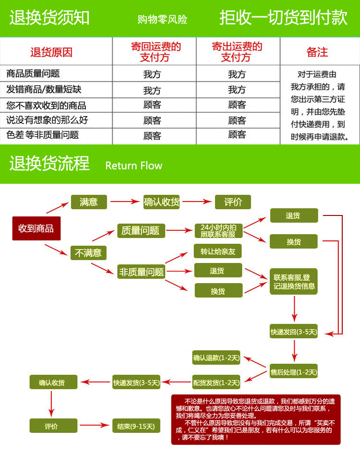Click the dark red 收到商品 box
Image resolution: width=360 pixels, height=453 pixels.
tap(36, 228)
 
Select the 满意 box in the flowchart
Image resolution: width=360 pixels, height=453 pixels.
tap(89, 202)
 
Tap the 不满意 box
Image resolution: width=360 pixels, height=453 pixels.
tap(89, 253)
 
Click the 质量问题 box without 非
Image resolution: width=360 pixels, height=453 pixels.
tap(141, 231)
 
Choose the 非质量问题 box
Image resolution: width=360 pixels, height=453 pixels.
tap(142, 272)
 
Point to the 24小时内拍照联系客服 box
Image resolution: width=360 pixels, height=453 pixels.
tap(218, 231)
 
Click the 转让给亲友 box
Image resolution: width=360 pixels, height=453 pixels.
tap(218, 251)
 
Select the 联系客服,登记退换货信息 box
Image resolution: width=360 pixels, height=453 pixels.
tap(293, 282)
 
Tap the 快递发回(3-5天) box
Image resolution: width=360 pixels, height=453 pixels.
tap(293, 332)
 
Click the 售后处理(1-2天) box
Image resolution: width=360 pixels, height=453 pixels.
tap(293, 371)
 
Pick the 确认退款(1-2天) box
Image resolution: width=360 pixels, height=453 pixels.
tap(216, 358)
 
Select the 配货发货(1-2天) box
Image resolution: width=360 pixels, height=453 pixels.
tap(216, 382)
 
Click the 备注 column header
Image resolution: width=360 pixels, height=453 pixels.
tap(317, 52)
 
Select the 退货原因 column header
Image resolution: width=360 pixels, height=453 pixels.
tap(51, 52)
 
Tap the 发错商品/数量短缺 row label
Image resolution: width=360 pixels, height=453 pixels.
tap(44, 89)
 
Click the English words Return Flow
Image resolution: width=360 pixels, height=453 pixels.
tap(134, 166)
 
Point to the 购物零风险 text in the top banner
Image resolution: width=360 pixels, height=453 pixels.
tap(162, 20)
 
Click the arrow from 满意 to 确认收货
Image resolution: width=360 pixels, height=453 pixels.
tap(125, 202)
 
